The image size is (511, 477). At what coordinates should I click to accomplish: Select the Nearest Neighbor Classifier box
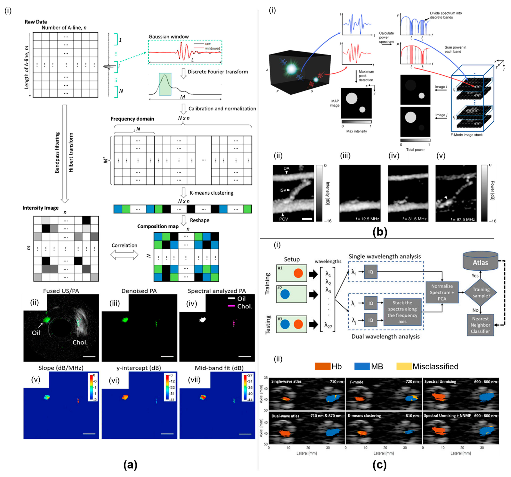tap(480, 325)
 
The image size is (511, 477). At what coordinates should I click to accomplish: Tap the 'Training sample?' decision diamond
tap(481, 292)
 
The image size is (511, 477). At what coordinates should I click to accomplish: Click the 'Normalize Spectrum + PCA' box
tap(442, 292)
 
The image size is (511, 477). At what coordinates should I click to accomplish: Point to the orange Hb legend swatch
tap(322, 366)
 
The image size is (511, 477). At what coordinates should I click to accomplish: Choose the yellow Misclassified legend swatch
tap(404, 366)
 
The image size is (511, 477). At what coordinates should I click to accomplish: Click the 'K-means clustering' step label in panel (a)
tap(211, 193)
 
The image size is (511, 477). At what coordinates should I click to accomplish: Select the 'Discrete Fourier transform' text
tap(218, 72)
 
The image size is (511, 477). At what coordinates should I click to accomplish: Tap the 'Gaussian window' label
tap(169, 37)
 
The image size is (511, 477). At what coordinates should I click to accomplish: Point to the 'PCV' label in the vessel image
tap(284, 219)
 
